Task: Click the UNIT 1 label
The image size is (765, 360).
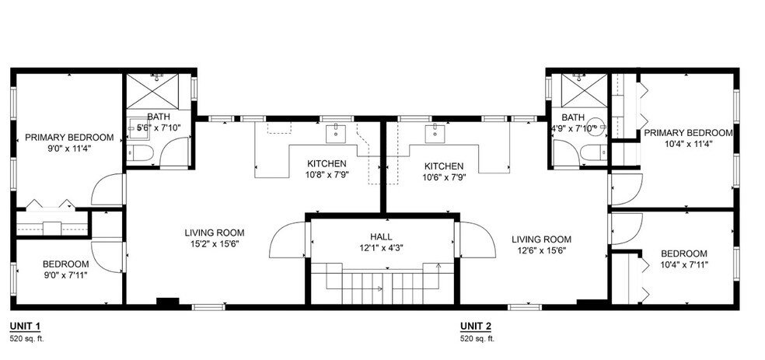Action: click(x=25, y=326)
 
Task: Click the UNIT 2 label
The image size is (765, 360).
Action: click(x=475, y=326)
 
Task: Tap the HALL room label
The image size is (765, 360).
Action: click(x=381, y=236)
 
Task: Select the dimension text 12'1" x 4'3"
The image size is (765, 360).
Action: click(x=381, y=247)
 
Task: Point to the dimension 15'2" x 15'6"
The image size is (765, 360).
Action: click(x=215, y=243)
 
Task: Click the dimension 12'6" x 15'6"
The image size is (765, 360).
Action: click(x=541, y=251)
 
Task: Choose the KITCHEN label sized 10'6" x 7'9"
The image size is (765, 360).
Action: click(x=444, y=166)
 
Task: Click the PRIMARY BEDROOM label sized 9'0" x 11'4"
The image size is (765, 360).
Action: click(x=69, y=138)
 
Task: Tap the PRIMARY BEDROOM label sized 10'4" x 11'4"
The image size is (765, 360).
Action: click(x=688, y=133)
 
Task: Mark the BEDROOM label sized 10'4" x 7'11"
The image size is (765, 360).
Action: click(x=684, y=253)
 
